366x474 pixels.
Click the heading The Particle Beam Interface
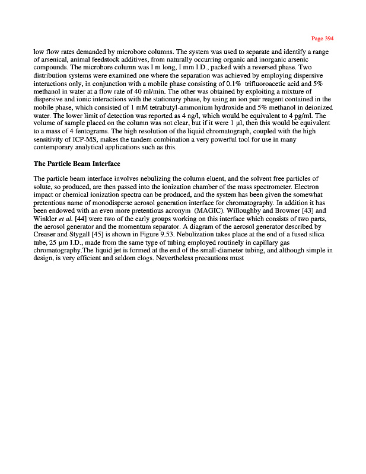[77, 164]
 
